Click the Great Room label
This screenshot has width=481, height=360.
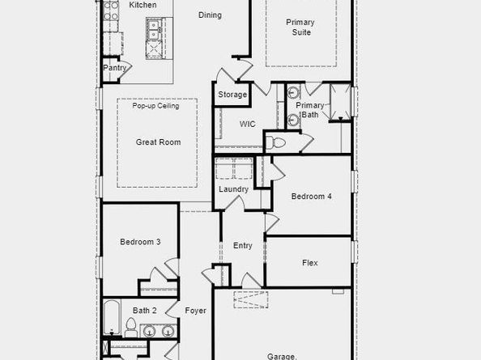point(158,142)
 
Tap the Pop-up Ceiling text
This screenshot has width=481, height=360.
point(155,106)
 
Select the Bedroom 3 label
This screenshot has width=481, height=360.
point(140,242)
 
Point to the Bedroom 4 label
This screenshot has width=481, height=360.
point(312,197)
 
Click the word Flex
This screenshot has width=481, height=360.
point(310,263)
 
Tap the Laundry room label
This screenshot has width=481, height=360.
point(233,189)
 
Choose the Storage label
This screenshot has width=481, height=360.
point(232,95)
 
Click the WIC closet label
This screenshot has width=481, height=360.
point(247,124)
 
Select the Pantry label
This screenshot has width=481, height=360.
point(115,68)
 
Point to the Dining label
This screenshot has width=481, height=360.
point(210,15)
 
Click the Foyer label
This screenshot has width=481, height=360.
point(195,311)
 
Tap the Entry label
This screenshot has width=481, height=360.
point(243,246)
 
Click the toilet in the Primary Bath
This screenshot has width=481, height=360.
point(275,142)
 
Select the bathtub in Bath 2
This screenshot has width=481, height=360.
point(112,318)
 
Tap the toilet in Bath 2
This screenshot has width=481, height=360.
point(131,327)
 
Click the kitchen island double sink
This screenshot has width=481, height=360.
point(152,29)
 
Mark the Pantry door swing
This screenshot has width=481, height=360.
point(126,69)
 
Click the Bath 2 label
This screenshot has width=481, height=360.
point(144,311)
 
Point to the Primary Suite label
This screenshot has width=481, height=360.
point(300,28)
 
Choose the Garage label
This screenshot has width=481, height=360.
point(282,356)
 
